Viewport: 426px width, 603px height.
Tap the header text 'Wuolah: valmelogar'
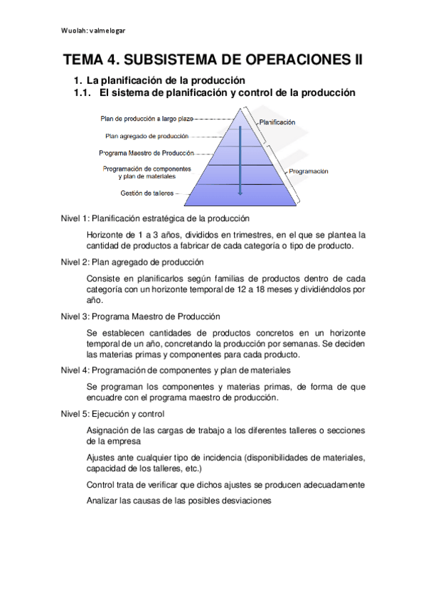pos(93,31)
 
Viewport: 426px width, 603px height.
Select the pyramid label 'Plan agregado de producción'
pos(147,136)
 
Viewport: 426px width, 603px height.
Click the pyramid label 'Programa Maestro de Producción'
pos(147,152)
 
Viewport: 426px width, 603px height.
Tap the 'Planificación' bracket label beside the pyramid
pos(277,123)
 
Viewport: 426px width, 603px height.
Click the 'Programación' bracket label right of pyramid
pos(309,171)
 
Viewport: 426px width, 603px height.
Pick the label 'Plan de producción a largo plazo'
pos(147,119)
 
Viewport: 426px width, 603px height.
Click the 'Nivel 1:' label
pos(75,218)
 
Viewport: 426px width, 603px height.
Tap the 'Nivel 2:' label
pos(75,262)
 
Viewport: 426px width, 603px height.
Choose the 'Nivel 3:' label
pos(75,316)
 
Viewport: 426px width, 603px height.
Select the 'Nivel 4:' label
pos(75,370)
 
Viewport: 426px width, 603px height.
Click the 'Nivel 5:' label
pos(75,414)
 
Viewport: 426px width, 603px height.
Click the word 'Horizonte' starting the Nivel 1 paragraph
pos(105,235)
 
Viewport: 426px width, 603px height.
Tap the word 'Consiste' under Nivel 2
pos(103,278)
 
